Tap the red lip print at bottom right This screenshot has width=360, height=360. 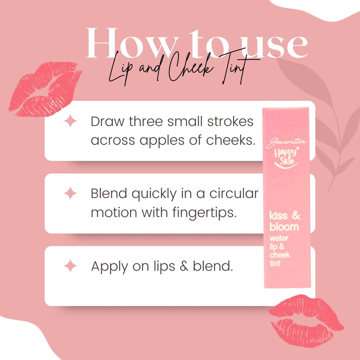coord(305,319)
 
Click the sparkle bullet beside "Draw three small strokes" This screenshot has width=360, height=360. coord(71,121)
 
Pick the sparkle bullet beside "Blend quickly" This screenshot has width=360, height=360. coord(71,193)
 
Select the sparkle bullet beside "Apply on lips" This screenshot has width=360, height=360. coord(71,266)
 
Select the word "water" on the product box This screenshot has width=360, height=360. coord(280,238)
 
